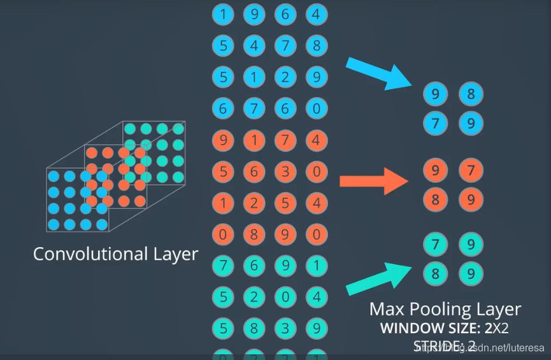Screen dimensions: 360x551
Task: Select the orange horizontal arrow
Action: [373, 181]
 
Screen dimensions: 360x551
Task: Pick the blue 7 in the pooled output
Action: [436, 122]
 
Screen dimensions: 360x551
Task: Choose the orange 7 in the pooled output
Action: [471, 171]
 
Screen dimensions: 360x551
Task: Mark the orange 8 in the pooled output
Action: [436, 199]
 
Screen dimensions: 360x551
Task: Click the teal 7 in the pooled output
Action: [436, 244]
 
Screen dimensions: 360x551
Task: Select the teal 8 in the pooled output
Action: [436, 274]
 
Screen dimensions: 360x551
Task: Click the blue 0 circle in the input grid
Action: [317, 108]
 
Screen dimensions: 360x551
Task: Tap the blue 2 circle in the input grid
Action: [285, 77]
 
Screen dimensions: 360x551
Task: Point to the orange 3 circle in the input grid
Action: [285, 171]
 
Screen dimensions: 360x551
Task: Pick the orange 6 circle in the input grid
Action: [254, 171]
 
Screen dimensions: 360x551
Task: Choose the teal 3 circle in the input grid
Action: [285, 328]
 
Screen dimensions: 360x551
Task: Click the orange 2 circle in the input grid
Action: [254, 203]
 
